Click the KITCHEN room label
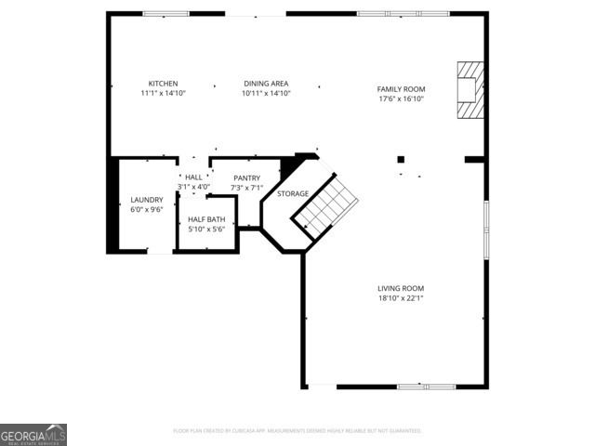163,84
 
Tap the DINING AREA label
266,84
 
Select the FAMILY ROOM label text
401,89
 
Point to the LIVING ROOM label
401,288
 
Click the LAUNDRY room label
147,200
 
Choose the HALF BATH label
206,219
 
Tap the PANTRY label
246,177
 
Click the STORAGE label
293,193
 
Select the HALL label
193,177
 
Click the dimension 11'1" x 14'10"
163,94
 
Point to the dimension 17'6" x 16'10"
401,99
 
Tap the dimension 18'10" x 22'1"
401,298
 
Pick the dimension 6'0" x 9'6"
147,210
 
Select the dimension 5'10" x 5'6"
206,230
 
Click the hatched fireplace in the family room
470,90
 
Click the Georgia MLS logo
33,435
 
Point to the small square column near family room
401,159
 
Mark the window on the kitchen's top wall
165,14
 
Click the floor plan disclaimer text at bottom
297,431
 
